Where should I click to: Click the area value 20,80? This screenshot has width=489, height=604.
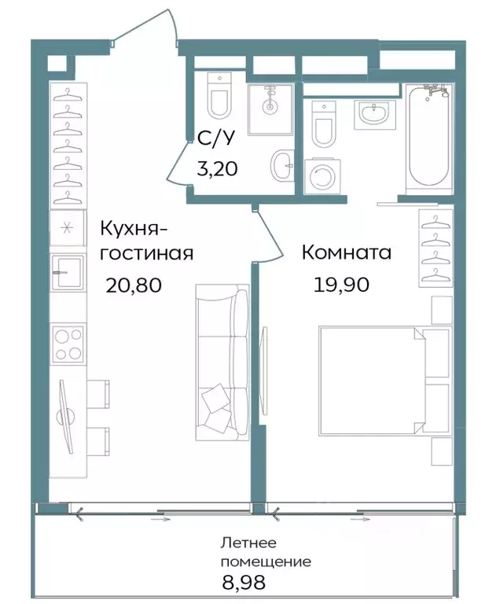(x=134, y=285)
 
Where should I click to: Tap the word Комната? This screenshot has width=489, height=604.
(x=347, y=253)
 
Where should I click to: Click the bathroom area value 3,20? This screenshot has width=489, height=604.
(x=215, y=168)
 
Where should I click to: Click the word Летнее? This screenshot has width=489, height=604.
(x=249, y=543)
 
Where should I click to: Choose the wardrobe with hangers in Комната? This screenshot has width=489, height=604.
(x=435, y=250)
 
